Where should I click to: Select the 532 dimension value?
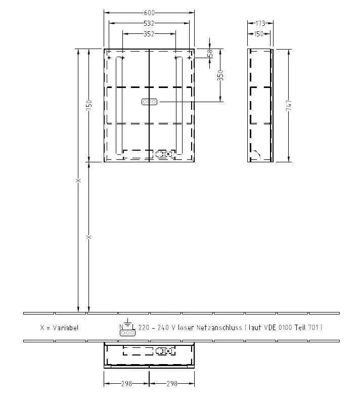tap(149, 23)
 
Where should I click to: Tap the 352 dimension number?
tap(149, 34)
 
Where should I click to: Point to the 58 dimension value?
tap(210, 53)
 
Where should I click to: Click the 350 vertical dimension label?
tap(220, 75)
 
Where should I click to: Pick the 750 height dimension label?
tap(88, 105)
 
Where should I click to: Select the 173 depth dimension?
tap(260, 23)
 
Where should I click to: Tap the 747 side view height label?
tap(288, 105)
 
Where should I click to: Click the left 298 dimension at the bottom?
tap(126, 384)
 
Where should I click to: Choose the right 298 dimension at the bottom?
tap(172, 384)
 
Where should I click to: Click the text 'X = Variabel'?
tap(59, 328)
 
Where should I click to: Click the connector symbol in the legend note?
tap(127, 332)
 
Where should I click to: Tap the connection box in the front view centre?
tap(149, 102)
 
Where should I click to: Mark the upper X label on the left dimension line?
tap(78, 181)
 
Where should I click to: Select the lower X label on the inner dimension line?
tap(88, 237)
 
